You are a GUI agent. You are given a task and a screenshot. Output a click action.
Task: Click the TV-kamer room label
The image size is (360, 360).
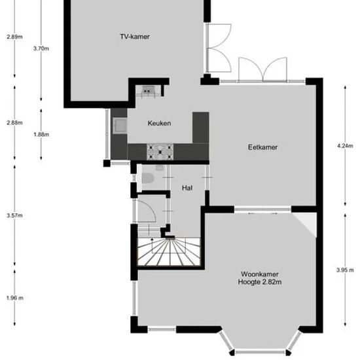tap(135, 37)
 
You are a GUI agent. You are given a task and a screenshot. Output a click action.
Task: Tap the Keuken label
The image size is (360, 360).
tap(159, 123)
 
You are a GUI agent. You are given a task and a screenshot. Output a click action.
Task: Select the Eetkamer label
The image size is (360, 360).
tap(262, 147)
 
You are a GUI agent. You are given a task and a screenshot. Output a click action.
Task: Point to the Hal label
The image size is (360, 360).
tap(187, 188)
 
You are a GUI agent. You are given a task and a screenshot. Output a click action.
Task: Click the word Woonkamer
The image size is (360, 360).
tap(260, 274)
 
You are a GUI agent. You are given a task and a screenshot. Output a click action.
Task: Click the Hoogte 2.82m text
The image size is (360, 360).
tap(260, 281)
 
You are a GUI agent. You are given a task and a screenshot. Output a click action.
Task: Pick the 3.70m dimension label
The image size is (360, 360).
tap(41, 48)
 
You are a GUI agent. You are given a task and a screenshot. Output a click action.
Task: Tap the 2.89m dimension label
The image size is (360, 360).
tap(14, 37)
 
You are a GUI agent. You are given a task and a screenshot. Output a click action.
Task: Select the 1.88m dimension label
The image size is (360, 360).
tap(41, 134)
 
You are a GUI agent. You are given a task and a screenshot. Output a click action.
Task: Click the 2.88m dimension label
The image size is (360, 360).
tap(14, 122)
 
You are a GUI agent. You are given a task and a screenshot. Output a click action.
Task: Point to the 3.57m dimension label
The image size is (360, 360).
tap(14, 215)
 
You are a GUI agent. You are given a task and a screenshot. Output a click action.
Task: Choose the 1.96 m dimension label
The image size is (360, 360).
tap(14, 298)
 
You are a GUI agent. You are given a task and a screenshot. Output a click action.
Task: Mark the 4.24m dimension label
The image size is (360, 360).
tap(345, 146)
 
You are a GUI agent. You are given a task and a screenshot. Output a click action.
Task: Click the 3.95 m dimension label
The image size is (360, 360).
tap(345, 270)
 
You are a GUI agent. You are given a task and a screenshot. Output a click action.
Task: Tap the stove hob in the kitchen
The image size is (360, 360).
tap(160, 152)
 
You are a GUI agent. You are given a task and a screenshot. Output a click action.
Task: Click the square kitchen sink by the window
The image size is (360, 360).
tap(120, 126)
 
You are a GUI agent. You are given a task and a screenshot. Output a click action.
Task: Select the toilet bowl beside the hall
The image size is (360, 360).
tap(147, 179)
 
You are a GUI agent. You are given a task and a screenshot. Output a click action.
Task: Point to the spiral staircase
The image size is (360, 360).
tap(169, 251)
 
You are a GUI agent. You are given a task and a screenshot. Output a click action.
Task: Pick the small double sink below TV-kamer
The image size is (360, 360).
tap(147, 90)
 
